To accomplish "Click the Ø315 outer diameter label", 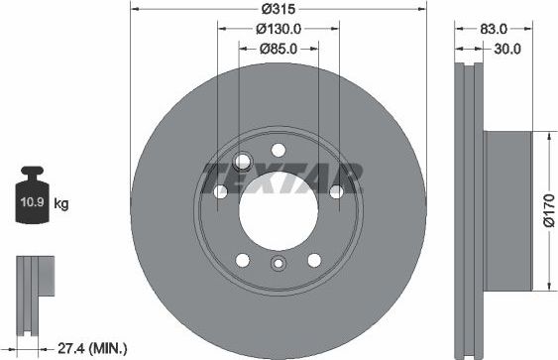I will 279,10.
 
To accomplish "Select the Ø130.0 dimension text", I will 279,29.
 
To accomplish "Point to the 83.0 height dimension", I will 493,30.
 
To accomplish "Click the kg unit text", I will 61,204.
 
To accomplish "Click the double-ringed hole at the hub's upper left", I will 242,164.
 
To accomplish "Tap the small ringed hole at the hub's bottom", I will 279,264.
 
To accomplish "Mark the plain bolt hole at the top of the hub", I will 279,152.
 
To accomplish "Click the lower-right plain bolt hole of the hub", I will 313,260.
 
